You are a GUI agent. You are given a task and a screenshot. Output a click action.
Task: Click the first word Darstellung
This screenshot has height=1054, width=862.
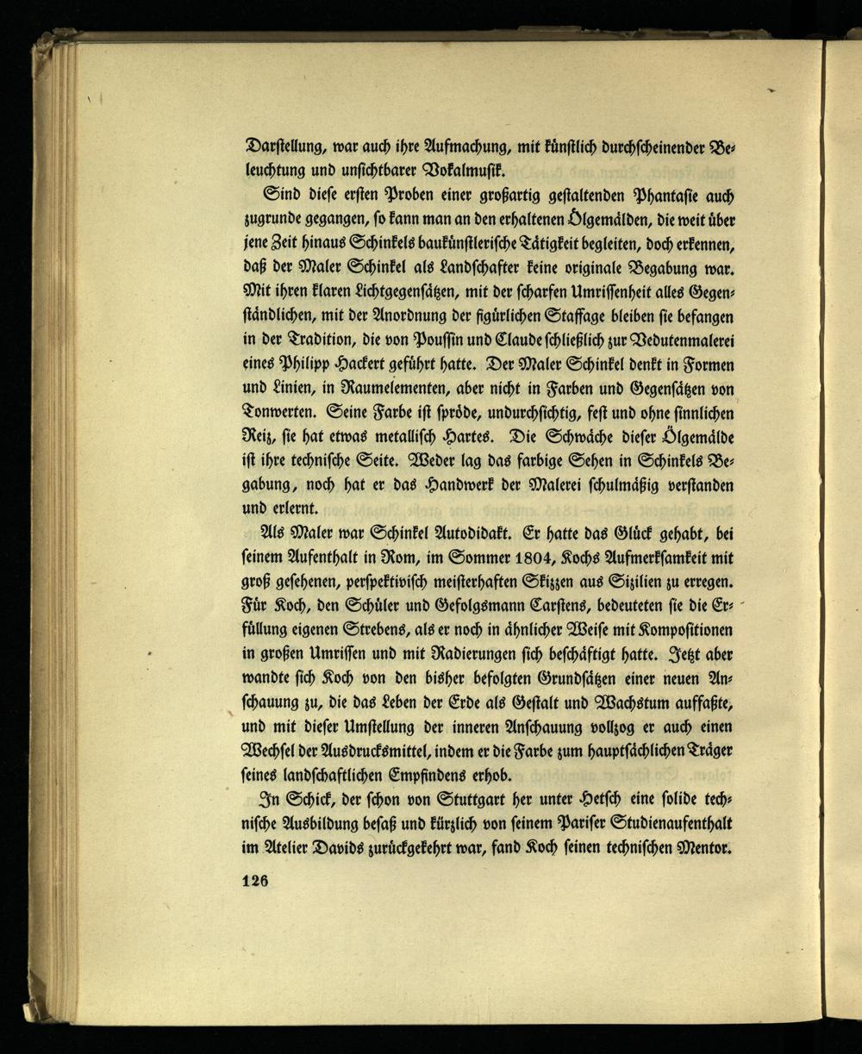pyautogui.click(x=290, y=144)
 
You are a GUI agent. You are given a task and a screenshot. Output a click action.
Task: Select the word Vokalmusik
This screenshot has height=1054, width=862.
pyautogui.click(x=467, y=166)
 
